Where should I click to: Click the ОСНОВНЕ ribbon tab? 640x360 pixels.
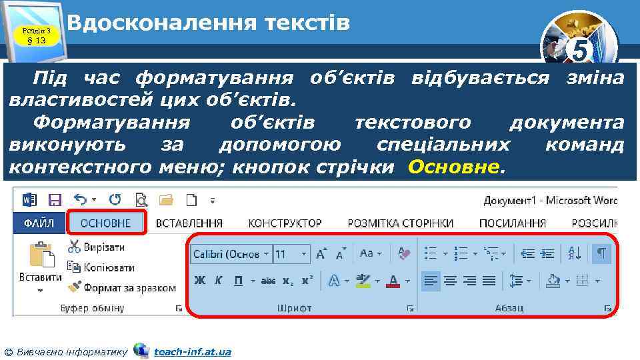tap(107, 223)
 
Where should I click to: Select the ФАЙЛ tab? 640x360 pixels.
tap(39, 223)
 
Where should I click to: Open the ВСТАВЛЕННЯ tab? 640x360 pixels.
tap(189, 223)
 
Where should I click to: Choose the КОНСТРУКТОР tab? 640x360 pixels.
tap(285, 223)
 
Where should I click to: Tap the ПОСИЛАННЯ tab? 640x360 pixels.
tap(513, 223)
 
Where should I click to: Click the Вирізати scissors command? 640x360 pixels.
tap(97, 247)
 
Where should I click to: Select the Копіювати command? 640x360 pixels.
tap(101, 267)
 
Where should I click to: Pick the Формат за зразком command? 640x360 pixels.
tap(122, 288)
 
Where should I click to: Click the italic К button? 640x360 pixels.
tap(219, 281)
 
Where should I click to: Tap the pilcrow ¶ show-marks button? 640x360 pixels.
tap(601, 253)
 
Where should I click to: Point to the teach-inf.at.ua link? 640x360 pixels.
tap(192, 351)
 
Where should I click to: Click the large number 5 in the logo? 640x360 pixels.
tap(581, 51)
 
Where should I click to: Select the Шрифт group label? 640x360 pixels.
tap(294, 308)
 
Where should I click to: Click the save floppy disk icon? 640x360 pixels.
tap(55, 199)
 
